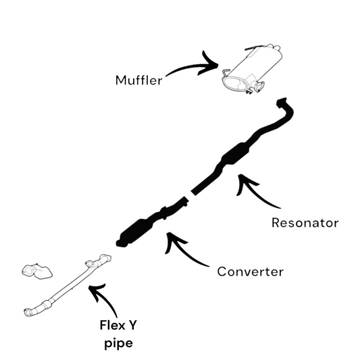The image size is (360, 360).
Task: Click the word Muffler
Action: [x=138, y=80]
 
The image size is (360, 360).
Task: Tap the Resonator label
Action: [x=305, y=223]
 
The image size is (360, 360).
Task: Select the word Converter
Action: [x=251, y=272]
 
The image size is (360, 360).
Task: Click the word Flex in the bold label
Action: [x=111, y=325]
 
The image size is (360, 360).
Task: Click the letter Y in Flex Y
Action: [x=132, y=325]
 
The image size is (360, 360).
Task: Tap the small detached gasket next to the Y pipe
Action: [x=36, y=272]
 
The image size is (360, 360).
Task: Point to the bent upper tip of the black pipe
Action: [x=283, y=103]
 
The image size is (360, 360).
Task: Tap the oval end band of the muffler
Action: [x=234, y=84]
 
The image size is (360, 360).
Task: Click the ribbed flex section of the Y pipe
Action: [x=46, y=304]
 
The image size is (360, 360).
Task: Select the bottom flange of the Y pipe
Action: [x=28, y=313]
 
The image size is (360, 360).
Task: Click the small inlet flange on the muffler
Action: [x=259, y=87]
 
